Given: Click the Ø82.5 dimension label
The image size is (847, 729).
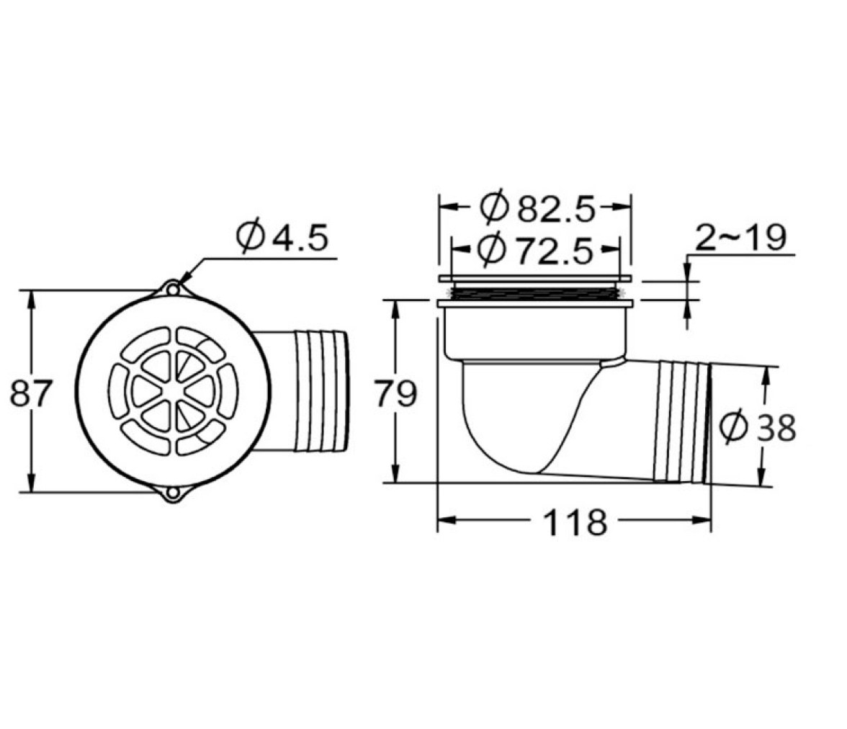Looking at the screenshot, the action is pyautogui.click(x=537, y=207).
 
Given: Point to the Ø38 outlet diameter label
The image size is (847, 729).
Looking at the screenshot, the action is pyautogui.click(x=758, y=427).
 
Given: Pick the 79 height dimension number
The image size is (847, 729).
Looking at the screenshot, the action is pyautogui.click(x=396, y=393).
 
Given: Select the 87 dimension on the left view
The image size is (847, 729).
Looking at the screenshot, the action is pyautogui.click(x=31, y=393).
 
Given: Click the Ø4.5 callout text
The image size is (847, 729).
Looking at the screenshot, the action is pyautogui.click(x=282, y=236).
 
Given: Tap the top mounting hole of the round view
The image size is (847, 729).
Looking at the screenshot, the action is pyautogui.click(x=172, y=290).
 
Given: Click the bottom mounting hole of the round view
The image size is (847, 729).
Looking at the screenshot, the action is pyautogui.click(x=172, y=493).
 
